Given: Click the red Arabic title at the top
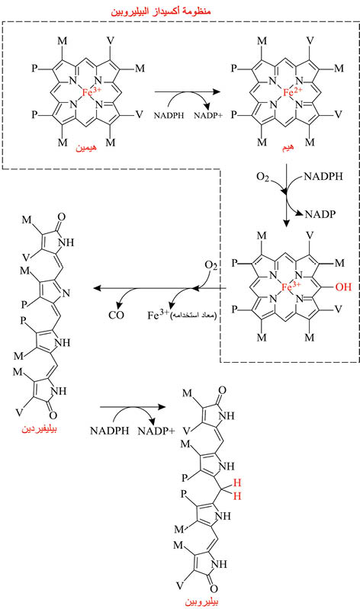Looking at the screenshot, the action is pos(161,10).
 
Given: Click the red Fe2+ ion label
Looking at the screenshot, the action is pos(292,92).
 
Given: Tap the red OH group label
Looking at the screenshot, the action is pos(343,287).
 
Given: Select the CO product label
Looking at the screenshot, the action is pos(116,315).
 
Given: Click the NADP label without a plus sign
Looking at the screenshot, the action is pos(320,214).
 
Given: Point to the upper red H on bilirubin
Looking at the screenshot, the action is pos(237,482).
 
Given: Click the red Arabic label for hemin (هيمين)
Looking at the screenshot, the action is pos(86,148).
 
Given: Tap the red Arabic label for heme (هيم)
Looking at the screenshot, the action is pos(288,147).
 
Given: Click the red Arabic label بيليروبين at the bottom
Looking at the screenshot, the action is pos(201,601).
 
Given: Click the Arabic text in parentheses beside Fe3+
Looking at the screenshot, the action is pos(192,314).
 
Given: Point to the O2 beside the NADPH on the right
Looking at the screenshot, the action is pos(263,177).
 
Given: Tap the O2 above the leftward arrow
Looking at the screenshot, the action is pos(211,266).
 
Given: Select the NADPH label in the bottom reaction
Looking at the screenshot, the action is pos(109,431).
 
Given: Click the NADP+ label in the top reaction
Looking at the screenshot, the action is pos(208,115).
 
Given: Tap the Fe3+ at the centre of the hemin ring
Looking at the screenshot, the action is pos(92,92).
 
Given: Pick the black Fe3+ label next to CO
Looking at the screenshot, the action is pos(158,314).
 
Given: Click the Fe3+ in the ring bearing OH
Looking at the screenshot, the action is pos(291,287).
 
